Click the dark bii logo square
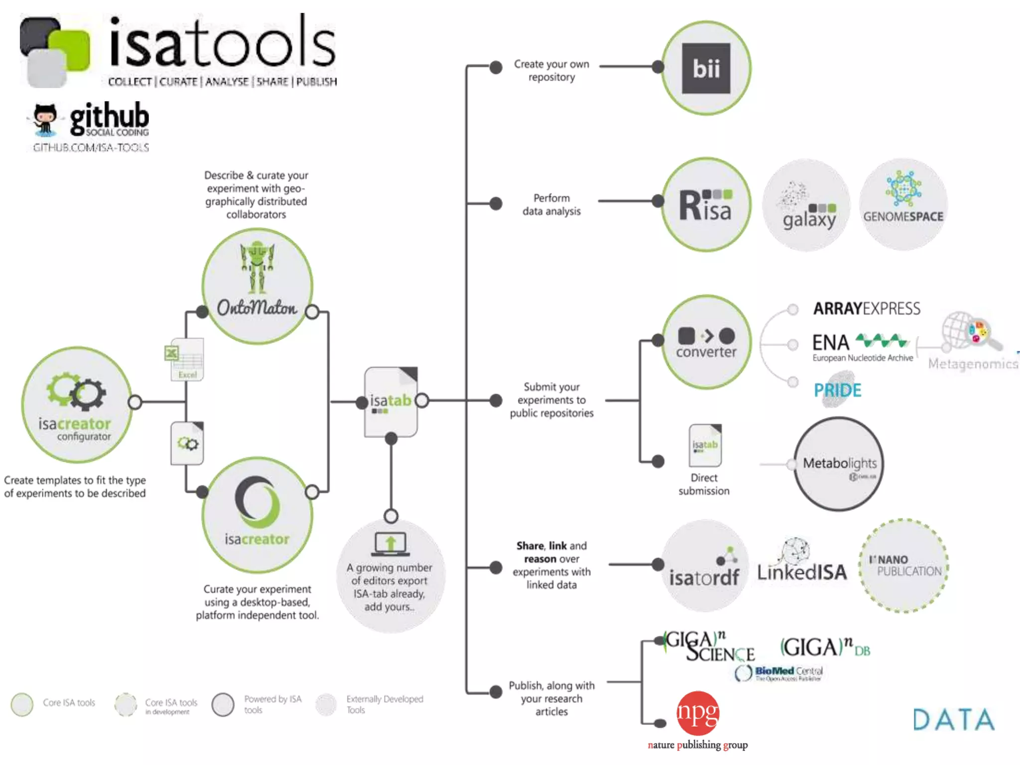click(706, 68)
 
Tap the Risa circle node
click(706, 205)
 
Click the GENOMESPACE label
click(903, 217)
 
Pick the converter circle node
click(706, 342)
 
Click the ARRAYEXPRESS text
click(867, 309)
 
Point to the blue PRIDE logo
click(837, 390)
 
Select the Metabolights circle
click(839, 464)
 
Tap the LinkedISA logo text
click(802, 572)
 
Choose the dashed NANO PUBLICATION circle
click(904, 566)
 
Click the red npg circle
click(698, 713)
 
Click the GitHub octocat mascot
click(45, 120)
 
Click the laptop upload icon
click(390, 544)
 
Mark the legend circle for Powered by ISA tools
click(223, 705)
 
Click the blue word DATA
click(953, 720)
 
